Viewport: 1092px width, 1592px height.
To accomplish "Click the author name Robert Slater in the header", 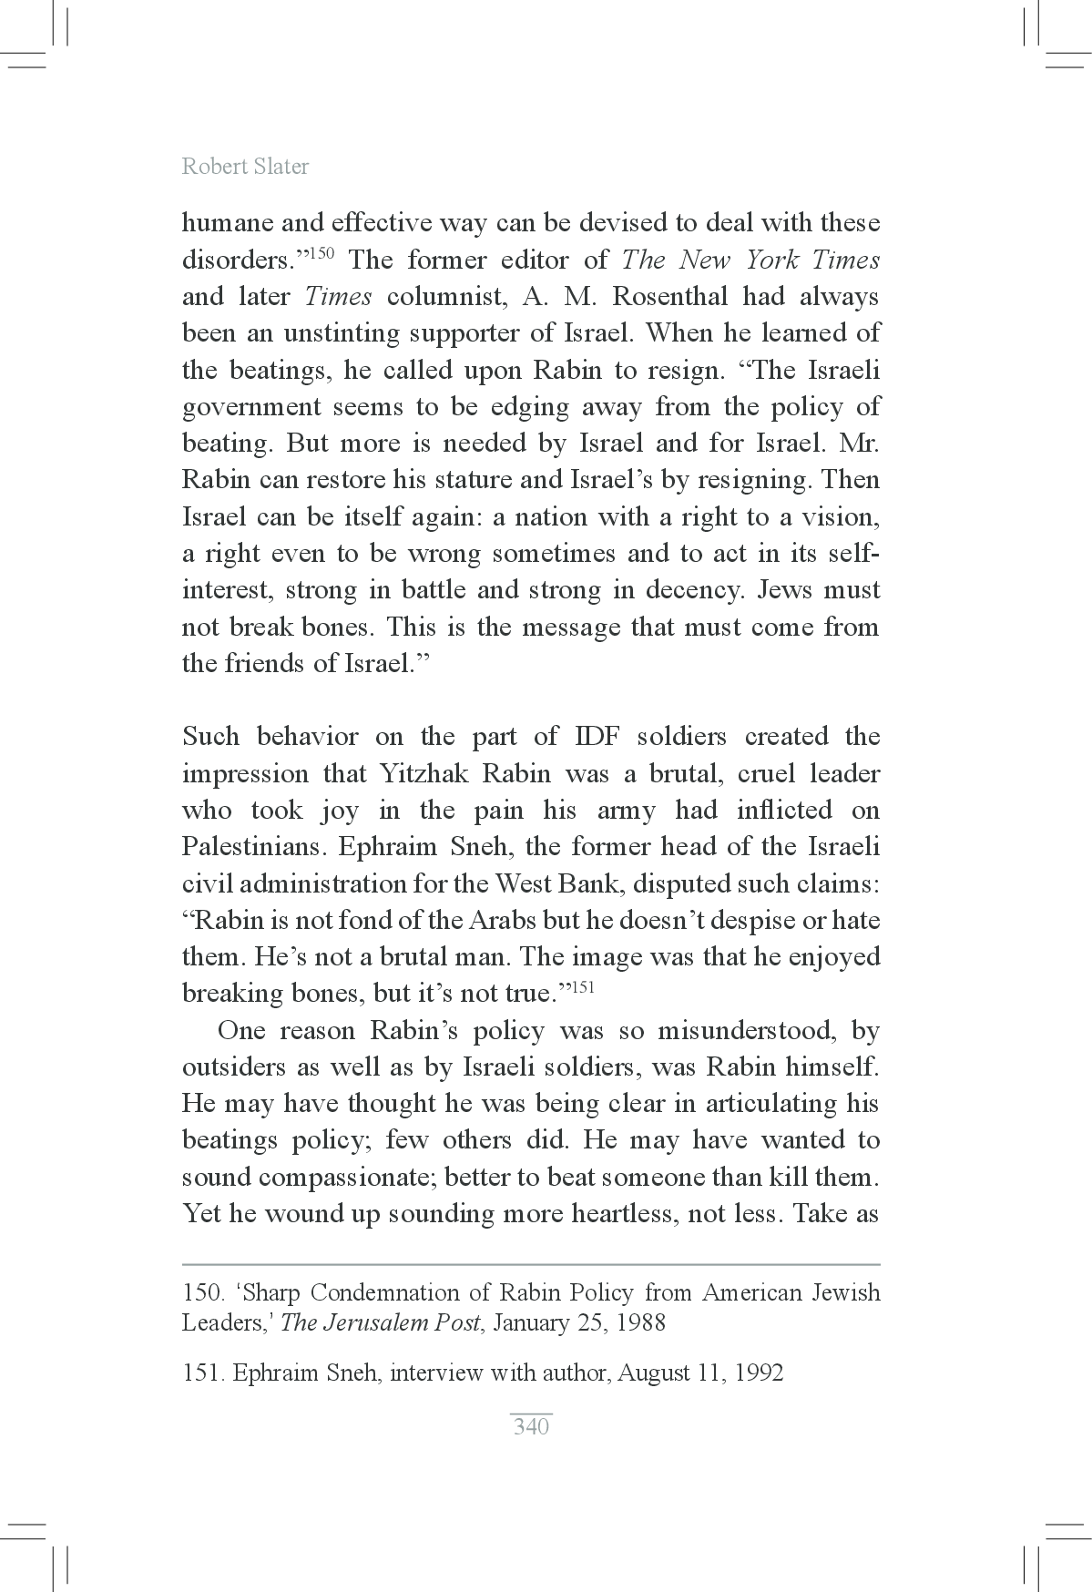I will [245, 167].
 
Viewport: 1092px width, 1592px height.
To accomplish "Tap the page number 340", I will [531, 1426].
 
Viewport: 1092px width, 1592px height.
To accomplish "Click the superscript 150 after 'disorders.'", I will [322, 252].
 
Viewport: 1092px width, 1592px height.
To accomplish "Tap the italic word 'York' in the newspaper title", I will [772, 260].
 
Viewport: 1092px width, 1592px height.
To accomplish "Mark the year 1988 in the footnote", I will [635, 1323].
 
